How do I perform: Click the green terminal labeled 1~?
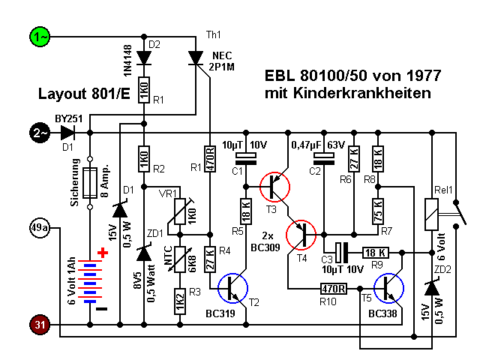(x=38, y=35)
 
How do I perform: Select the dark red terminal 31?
(x=38, y=325)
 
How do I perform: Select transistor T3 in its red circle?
(x=274, y=185)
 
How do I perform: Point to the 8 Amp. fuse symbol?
(x=90, y=182)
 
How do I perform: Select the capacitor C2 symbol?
(x=323, y=158)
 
